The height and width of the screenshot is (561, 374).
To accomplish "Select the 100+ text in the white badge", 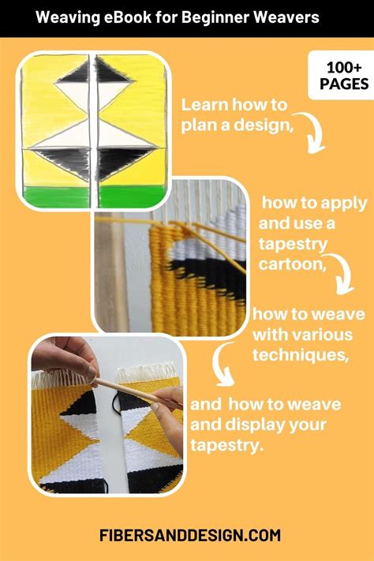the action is click(x=344, y=67).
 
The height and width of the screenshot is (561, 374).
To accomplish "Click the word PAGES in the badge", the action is click(x=344, y=84).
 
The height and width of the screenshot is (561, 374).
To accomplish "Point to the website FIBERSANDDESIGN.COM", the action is click(x=189, y=535).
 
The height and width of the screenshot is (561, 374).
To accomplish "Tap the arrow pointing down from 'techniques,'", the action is click(x=220, y=365).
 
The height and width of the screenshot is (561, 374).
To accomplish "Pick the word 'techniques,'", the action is click(x=301, y=355).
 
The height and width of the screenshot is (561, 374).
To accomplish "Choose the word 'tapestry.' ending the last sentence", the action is click(x=226, y=446).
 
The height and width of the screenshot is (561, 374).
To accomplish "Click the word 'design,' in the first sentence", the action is click(x=264, y=125).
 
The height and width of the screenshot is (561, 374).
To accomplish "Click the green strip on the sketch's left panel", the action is click(x=57, y=196).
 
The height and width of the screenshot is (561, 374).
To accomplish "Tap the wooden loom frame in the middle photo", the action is click(x=111, y=272).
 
